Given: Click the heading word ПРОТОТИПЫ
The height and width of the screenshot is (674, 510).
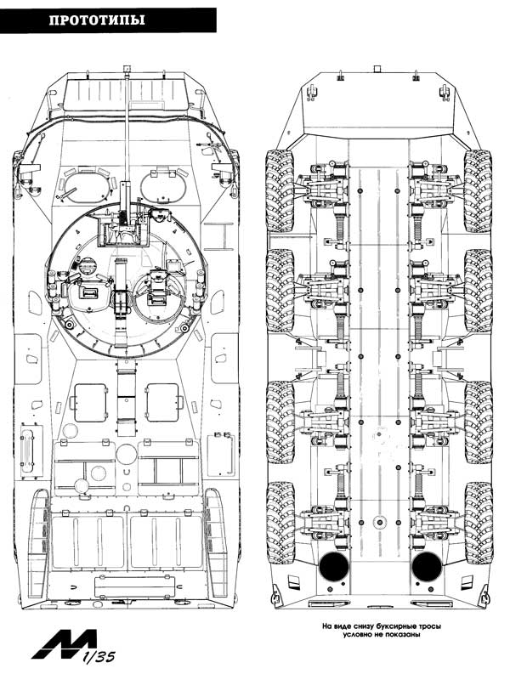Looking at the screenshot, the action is pos(97,20).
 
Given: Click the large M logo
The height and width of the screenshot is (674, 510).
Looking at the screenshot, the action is pos(64,645).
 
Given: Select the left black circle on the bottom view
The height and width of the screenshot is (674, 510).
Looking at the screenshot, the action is pos(334,566).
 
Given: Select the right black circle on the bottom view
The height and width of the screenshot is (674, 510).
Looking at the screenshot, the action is pos(426,566).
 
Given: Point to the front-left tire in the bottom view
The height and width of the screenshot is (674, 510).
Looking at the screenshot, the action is pos(279,191).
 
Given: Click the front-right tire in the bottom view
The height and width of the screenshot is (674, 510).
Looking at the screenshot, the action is pos(478,191).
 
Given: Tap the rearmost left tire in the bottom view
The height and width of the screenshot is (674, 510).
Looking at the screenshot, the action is pos(280,523).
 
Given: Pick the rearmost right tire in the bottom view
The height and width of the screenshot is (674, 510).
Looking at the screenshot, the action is pos(479,523).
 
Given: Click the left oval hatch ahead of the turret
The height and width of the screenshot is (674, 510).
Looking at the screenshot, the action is pos(87,186).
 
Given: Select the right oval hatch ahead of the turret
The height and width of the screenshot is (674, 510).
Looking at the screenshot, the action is pos(163,186).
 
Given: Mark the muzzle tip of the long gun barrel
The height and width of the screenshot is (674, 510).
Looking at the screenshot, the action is pos(127,68).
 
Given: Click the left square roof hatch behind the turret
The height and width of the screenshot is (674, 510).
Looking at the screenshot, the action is pos(91,403).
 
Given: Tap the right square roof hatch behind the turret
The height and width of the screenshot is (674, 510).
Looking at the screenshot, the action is pos(162,403).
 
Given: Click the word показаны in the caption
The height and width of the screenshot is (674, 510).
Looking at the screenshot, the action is pos(402,634).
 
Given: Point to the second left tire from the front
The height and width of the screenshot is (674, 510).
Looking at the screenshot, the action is pos(280,291).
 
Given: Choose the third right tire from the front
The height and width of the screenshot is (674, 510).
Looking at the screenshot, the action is pos(479,422).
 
